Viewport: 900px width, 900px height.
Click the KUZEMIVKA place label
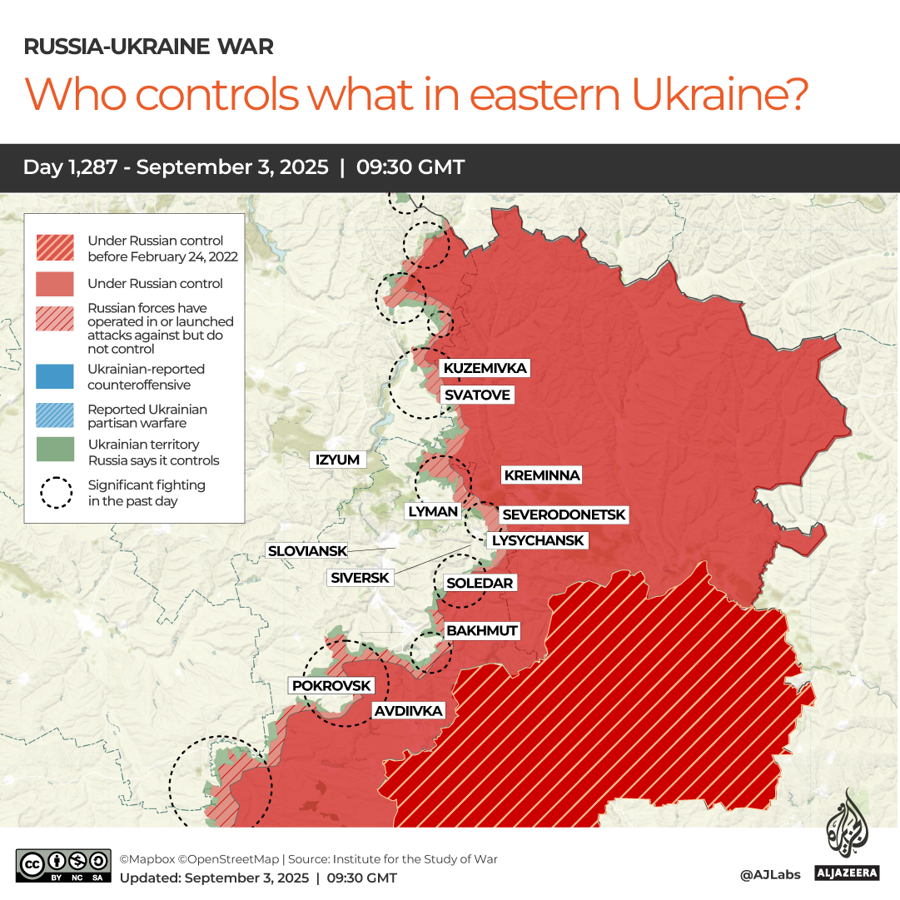[x=485, y=368]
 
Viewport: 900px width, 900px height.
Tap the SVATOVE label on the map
[x=476, y=395]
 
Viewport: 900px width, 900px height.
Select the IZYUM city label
[x=337, y=460]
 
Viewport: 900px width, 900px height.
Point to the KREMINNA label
[x=541, y=475]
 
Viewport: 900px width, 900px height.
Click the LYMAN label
[x=433, y=511]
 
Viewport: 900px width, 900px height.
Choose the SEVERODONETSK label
[x=564, y=515]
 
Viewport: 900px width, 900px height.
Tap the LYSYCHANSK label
[x=538, y=540]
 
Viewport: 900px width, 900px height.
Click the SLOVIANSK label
[x=306, y=550]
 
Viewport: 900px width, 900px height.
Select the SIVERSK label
[x=360, y=577]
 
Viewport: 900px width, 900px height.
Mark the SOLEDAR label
[x=479, y=583]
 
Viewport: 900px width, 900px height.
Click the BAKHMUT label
[x=481, y=630]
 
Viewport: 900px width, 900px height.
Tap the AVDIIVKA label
[x=408, y=711]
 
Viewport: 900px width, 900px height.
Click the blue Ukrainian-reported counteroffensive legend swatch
[x=55, y=377]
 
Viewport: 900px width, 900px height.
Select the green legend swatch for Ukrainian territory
[x=55, y=452]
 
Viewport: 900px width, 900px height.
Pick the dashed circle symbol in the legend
[x=55, y=492]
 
